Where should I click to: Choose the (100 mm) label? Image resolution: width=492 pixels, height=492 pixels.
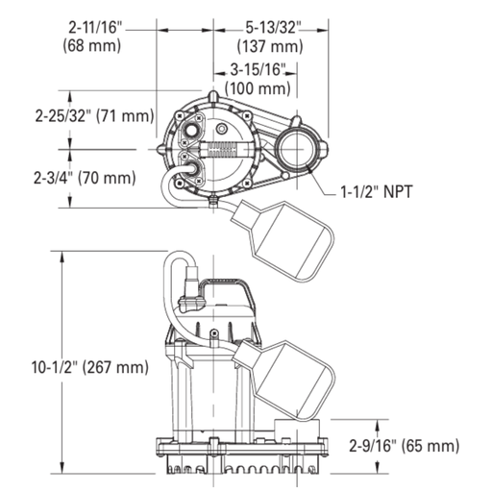click(x=258, y=88)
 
